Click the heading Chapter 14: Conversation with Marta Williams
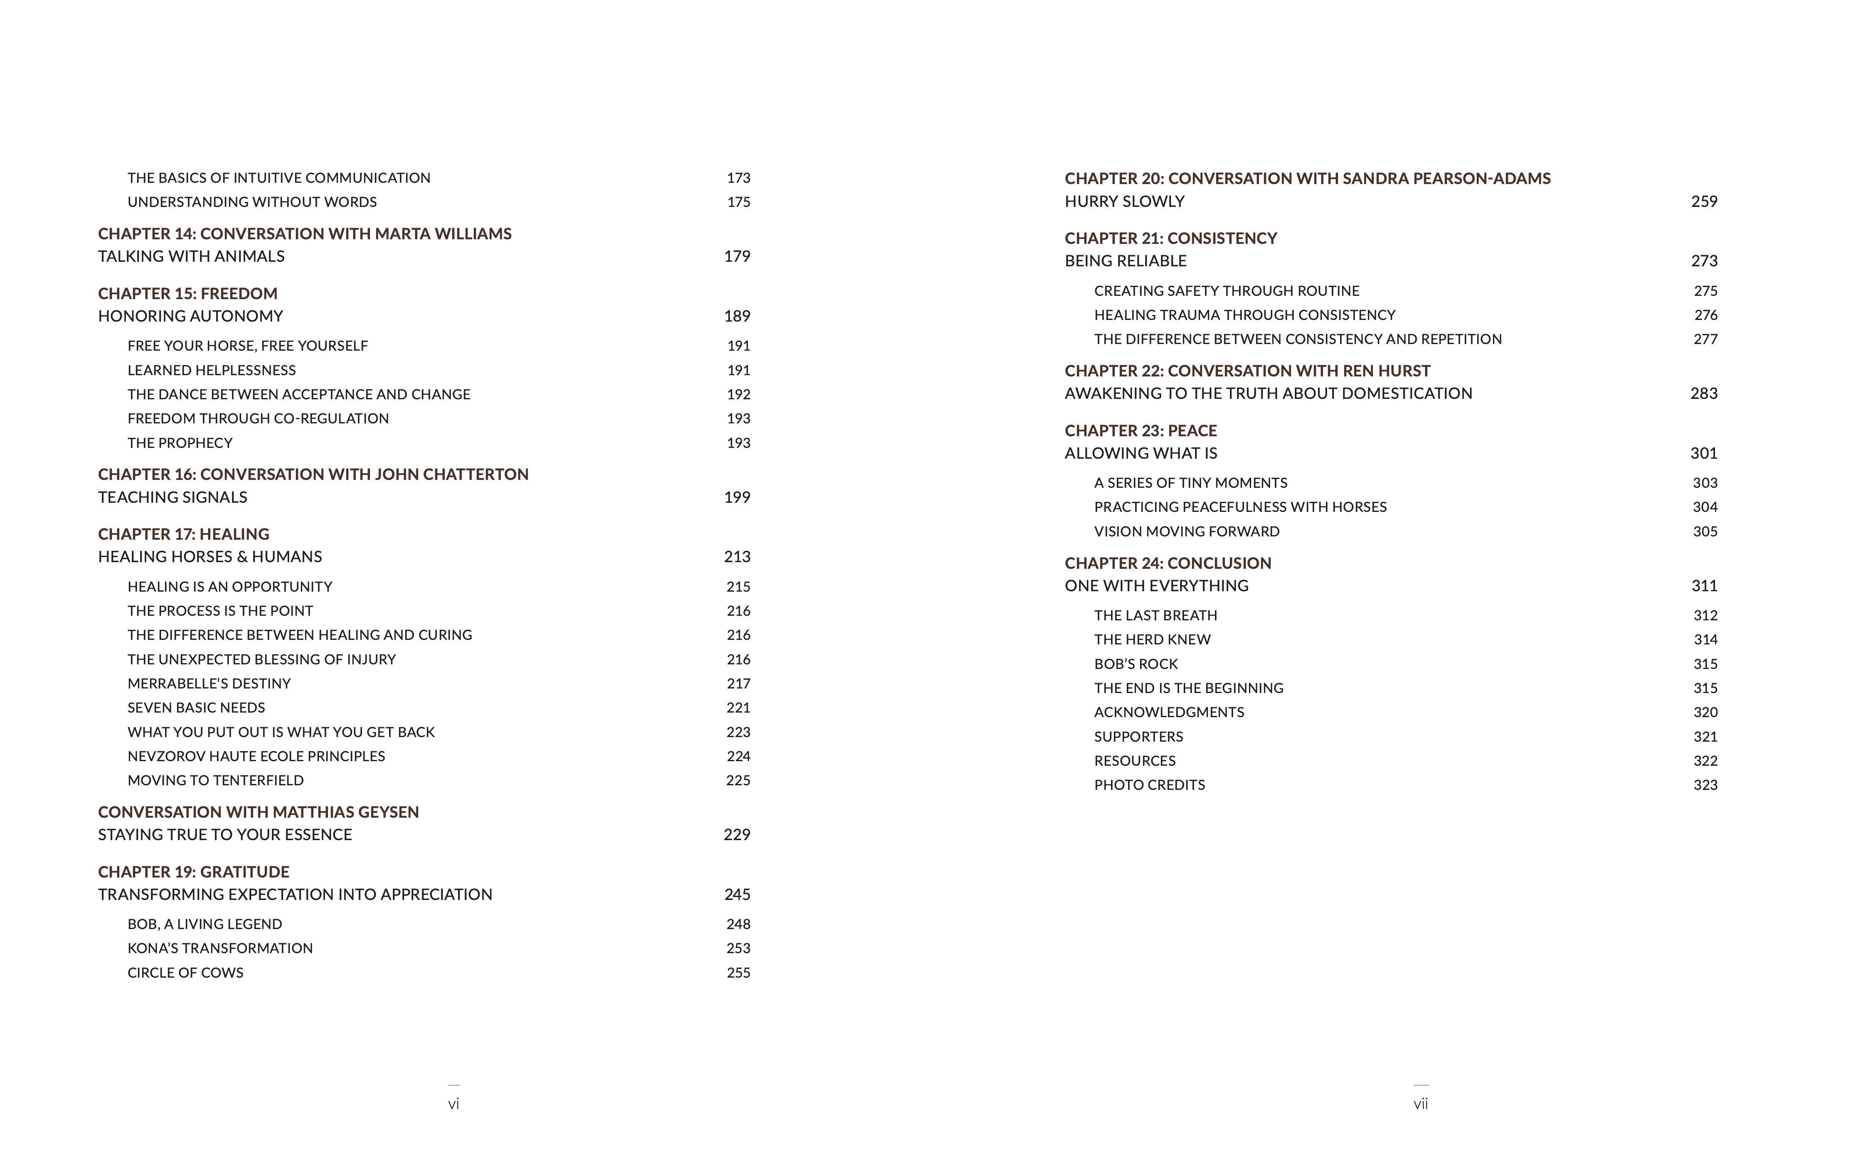(x=304, y=234)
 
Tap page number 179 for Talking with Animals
(x=737, y=256)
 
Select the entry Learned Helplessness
(x=211, y=370)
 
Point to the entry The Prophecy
(x=180, y=443)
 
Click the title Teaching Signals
(x=172, y=497)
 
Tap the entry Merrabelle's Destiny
(x=209, y=683)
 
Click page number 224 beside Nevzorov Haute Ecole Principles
(x=738, y=757)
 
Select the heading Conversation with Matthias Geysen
(x=258, y=812)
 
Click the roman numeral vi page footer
(x=453, y=1104)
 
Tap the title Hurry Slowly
(x=1124, y=202)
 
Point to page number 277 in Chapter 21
(x=1705, y=339)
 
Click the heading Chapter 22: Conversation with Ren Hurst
(x=1247, y=371)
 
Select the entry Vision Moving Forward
(x=1186, y=531)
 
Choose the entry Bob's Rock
(x=1136, y=664)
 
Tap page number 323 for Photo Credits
(x=1705, y=785)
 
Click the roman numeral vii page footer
(x=1420, y=1104)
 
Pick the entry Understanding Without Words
(x=252, y=202)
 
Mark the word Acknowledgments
(x=1169, y=712)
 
